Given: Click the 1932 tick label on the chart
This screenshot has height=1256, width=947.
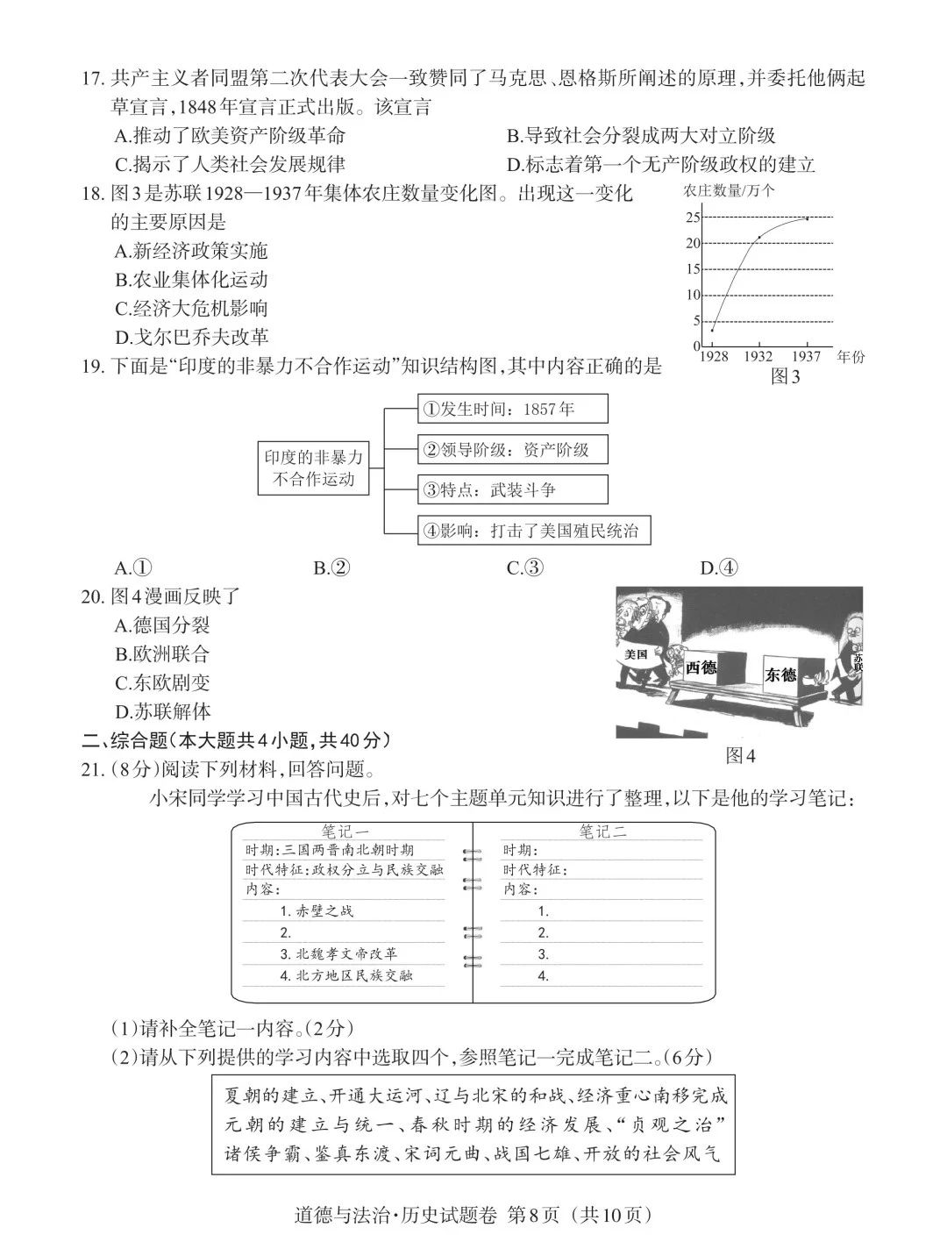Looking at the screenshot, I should coord(758,356).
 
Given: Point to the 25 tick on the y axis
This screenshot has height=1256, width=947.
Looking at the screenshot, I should coord(693,218).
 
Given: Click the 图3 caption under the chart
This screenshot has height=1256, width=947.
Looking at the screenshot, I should coord(785,376).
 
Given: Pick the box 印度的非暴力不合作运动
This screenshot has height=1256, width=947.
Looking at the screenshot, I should coord(313,468).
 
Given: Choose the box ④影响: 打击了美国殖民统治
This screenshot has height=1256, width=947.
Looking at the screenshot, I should coord(535,531).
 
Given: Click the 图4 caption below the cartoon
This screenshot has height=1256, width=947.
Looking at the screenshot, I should coord(740,755).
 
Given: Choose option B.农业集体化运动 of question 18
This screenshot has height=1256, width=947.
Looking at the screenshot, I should coord(191,280).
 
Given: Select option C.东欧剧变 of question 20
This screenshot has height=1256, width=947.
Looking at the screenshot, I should coord(162,682).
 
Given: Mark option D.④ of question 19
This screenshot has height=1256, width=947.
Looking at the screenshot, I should coord(719,568).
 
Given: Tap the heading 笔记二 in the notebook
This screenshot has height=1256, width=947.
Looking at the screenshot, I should coord(603,832).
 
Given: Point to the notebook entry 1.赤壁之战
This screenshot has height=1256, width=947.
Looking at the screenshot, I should coord(317,911).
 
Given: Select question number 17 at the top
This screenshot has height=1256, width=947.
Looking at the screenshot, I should coord(93,79).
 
